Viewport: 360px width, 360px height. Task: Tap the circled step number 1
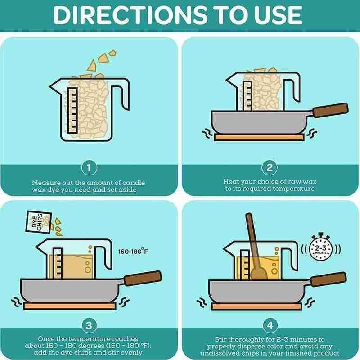89,168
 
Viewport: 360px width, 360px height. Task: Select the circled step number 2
270,168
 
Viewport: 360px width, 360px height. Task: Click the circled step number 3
89,325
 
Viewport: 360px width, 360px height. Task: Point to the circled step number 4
270,325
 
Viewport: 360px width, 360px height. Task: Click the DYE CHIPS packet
39,222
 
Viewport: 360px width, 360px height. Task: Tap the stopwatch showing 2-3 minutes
321,247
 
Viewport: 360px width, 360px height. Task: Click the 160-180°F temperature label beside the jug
133,252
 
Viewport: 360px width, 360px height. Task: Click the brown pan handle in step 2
331,110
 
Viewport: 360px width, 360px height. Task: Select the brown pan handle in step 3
143,278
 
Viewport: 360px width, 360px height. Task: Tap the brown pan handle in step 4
328,279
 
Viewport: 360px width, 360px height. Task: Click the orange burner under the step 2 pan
259,138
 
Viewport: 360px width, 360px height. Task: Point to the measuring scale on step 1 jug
73,110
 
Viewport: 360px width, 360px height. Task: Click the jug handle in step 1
121,94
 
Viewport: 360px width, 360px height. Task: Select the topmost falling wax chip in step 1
112,53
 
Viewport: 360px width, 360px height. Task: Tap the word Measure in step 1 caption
43,183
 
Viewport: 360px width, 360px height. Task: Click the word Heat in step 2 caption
231,182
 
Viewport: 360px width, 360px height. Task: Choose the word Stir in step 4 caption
220,339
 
